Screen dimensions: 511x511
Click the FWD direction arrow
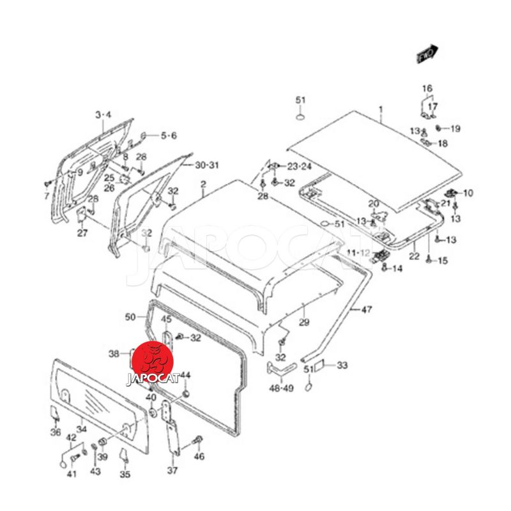pos(427,54)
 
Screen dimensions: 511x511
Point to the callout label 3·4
pos(103,115)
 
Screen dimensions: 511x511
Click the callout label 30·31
pos(207,165)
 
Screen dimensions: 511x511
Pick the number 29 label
pos(304,323)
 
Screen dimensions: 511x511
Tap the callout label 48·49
pos(281,388)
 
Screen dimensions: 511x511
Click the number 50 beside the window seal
pos(130,317)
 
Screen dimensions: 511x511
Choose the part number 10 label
pos(468,193)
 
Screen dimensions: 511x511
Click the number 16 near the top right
pos(427,88)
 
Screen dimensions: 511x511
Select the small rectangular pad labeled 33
pos(322,366)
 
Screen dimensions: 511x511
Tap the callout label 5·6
pos(169,135)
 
